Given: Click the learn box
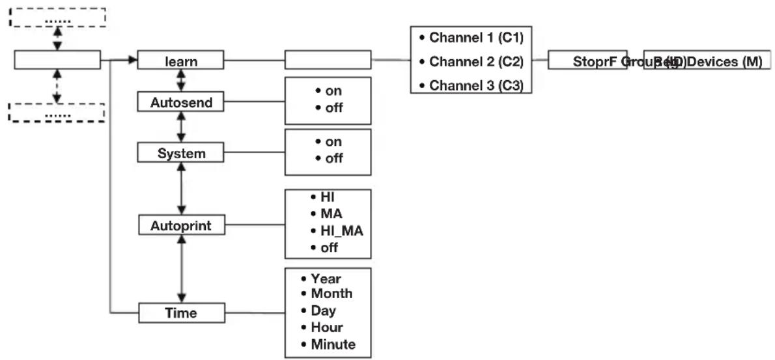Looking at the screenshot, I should point(181,61).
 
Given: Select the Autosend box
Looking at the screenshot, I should point(181,103).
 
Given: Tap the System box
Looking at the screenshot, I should point(181,154).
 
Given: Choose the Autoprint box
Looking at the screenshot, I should point(181,226).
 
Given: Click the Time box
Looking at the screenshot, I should point(181,314).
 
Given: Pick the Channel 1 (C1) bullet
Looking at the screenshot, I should point(472,38).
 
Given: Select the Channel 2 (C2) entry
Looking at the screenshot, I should point(472,62).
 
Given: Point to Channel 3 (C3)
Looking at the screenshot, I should point(472,86).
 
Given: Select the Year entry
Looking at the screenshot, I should point(326,279).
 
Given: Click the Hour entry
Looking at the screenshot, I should point(327,327).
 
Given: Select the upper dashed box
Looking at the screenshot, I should point(57,18).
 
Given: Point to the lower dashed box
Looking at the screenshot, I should point(57,112).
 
